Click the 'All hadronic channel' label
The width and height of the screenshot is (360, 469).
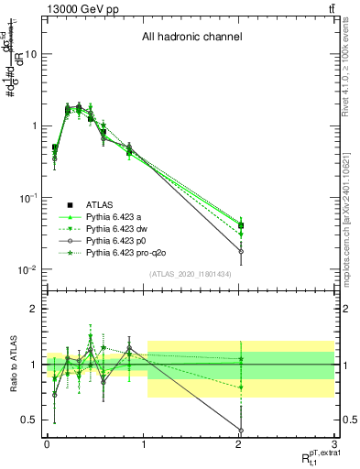click(191, 38)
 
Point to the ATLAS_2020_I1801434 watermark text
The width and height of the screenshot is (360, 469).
click(190, 274)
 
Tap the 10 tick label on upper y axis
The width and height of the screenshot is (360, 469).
click(30, 54)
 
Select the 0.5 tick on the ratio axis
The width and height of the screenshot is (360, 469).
click(29, 420)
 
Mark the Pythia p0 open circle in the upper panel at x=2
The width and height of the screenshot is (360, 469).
click(241, 251)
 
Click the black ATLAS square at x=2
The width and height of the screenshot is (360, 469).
click(241, 225)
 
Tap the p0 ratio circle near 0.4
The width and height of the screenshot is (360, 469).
click(241, 431)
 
